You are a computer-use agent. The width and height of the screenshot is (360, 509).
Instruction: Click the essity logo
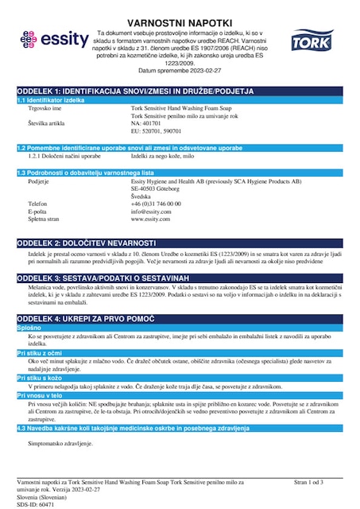click(50, 39)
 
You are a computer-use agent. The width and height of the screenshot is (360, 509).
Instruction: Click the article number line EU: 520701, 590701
click(157, 132)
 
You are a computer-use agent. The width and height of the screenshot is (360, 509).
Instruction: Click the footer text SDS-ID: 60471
click(35, 503)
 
